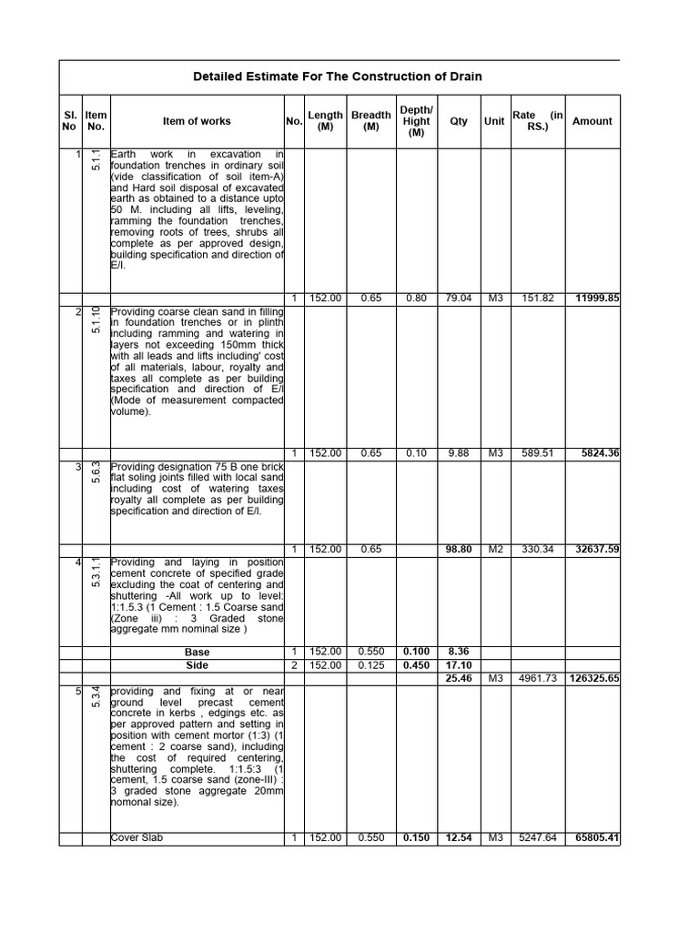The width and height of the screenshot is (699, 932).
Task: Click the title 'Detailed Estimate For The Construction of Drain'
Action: click(x=338, y=76)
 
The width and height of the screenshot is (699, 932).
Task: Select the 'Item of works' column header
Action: click(x=197, y=121)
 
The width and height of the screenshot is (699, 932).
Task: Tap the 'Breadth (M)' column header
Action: click(x=370, y=121)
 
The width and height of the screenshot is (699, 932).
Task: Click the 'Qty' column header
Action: click(x=459, y=121)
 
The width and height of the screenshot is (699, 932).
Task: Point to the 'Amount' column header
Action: click(x=592, y=121)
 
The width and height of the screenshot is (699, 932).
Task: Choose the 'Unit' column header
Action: click(x=494, y=121)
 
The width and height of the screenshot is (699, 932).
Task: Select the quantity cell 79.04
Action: click(x=459, y=299)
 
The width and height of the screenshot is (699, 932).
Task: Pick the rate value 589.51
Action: click(x=536, y=453)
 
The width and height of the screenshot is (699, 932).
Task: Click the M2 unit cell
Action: click(x=494, y=550)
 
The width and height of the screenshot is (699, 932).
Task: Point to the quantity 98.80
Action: click(x=459, y=550)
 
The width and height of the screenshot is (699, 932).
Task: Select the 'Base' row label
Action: click(x=197, y=653)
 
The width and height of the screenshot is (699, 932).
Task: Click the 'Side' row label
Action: click(x=197, y=665)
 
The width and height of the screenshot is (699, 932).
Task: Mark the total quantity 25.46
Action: click(x=459, y=678)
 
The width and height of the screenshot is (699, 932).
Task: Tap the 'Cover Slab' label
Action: click(x=137, y=837)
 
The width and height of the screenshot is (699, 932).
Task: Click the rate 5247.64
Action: click(x=536, y=837)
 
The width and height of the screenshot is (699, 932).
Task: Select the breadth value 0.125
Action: click(x=370, y=665)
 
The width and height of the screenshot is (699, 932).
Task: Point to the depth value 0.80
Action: click(x=416, y=299)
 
